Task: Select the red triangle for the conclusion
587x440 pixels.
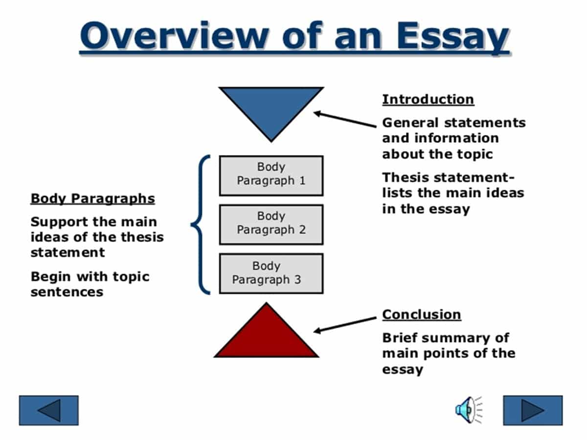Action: (267, 337)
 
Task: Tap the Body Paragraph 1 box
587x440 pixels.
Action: (271, 175)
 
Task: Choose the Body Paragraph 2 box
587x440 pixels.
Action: (271, 224)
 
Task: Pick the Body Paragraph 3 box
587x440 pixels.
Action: (271, 273)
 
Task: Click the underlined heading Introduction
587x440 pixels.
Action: (428, 99)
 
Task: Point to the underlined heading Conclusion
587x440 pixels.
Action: (421, 314)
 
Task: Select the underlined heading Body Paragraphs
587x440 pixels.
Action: (92, 198)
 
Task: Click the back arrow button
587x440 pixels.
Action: (48, 410)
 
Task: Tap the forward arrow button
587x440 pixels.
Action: (533, 410)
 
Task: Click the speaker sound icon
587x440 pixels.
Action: (468, 410)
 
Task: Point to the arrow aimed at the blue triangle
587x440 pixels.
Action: (345, 120)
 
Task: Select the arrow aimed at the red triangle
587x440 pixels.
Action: (345, 324)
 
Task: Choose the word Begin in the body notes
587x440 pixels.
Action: (48, 277)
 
